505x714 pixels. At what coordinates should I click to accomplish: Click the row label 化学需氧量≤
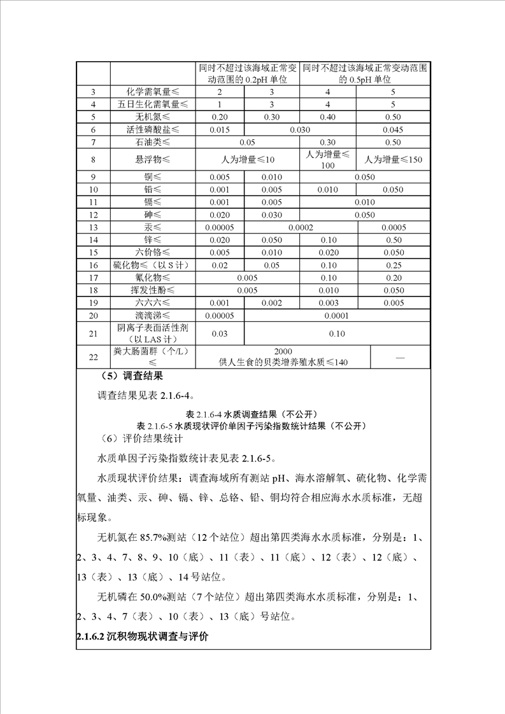(153, 92)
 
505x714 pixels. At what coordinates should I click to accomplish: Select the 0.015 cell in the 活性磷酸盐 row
(219, 130)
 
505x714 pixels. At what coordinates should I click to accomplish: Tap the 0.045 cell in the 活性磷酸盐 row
(393, 130)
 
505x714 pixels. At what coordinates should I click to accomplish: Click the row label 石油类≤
(153, 142)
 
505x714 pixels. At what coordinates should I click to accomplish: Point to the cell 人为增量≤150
(393, 160)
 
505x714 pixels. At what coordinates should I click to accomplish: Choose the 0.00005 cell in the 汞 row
(219, 227)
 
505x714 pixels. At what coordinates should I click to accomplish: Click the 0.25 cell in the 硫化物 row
(393, 265)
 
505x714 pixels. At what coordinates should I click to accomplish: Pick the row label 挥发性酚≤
(153, 290)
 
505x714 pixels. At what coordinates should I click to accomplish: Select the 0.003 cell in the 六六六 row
(327, 303)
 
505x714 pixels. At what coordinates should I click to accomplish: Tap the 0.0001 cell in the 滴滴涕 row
(338, 316)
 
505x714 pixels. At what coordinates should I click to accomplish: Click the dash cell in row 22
(400, 358)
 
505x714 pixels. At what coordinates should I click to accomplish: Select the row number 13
(93, 227)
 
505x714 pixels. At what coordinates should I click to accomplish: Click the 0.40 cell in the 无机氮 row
(327, 117)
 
